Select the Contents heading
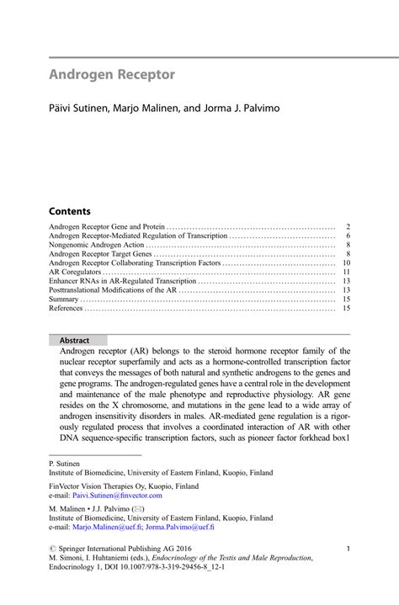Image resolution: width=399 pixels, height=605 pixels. (x=69, y=210)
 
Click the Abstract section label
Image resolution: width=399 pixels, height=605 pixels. (x=74, y=340)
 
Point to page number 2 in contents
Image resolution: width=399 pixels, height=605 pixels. (x=347, y=227)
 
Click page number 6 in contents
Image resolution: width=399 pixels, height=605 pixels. (x=347, y=236)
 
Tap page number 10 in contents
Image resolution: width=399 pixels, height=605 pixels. (x=345, y=263)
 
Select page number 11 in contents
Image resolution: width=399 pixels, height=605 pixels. (x=345, y=272)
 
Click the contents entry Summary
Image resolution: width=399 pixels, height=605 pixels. (x=64, y=299)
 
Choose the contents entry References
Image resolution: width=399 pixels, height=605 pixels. (x=66, y=308)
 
